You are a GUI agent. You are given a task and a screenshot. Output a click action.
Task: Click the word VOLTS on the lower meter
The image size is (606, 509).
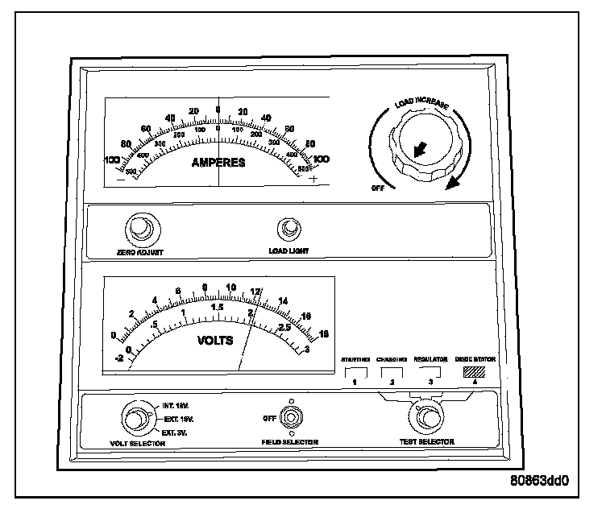point(215,340)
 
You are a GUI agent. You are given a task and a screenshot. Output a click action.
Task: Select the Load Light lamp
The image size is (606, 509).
point(288,232)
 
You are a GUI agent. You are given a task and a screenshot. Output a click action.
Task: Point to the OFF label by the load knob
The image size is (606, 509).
point(377,187)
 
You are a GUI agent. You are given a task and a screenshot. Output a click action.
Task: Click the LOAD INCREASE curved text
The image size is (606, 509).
point(421,103)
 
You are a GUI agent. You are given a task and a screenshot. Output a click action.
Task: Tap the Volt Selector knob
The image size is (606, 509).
point(135,419)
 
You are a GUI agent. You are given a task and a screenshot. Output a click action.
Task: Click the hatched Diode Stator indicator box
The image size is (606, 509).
point(475,372)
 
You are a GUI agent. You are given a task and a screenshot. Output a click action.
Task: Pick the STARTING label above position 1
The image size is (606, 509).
point(355,358)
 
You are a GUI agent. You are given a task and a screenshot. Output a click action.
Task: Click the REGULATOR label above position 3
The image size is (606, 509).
point(430,358)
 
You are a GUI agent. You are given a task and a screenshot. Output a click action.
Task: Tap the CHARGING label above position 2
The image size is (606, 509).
point(392,358)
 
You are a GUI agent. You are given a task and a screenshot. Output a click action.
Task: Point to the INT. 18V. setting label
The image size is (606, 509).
point(175,407)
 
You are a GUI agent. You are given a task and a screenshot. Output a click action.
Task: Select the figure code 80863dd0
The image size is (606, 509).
point(539,483)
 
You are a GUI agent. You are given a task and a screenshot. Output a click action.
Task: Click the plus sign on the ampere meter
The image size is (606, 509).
point(313,179)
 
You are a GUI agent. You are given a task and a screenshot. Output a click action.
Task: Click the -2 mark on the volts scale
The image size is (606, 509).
point(119,358)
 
